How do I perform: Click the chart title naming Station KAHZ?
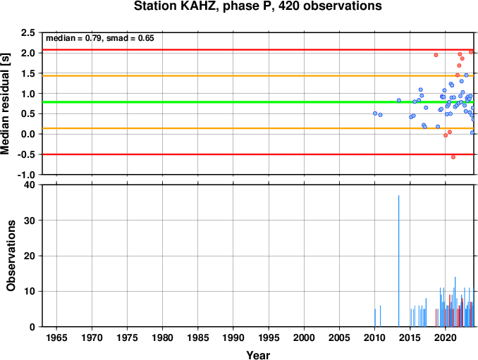tap(257, 6)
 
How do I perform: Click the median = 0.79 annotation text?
tap(73, 38)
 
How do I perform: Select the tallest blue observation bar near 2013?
tap(399, 261)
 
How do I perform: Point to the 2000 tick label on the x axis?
tap(304, 337)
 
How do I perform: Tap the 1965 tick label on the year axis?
tap(56, 337)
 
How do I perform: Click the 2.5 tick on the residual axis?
tap(28, 32)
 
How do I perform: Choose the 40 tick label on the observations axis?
tap(30, 185)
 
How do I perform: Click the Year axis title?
tap(258, 355)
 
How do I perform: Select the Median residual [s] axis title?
tap(6, 104)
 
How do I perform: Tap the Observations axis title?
tap(11, 256)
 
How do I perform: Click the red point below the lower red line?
tap(453, 157)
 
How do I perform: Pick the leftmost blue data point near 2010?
tap(375, 113)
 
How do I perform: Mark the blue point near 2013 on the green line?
tap(399, 100)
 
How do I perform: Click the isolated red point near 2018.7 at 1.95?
tap(436, 55)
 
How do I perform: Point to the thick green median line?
tap(258, 102)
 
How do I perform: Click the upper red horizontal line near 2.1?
tap(258, 49)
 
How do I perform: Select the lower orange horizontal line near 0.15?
tap(258, 128)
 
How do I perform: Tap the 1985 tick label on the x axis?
tap(198, 337)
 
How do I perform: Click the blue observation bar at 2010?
tap(375, 318)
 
